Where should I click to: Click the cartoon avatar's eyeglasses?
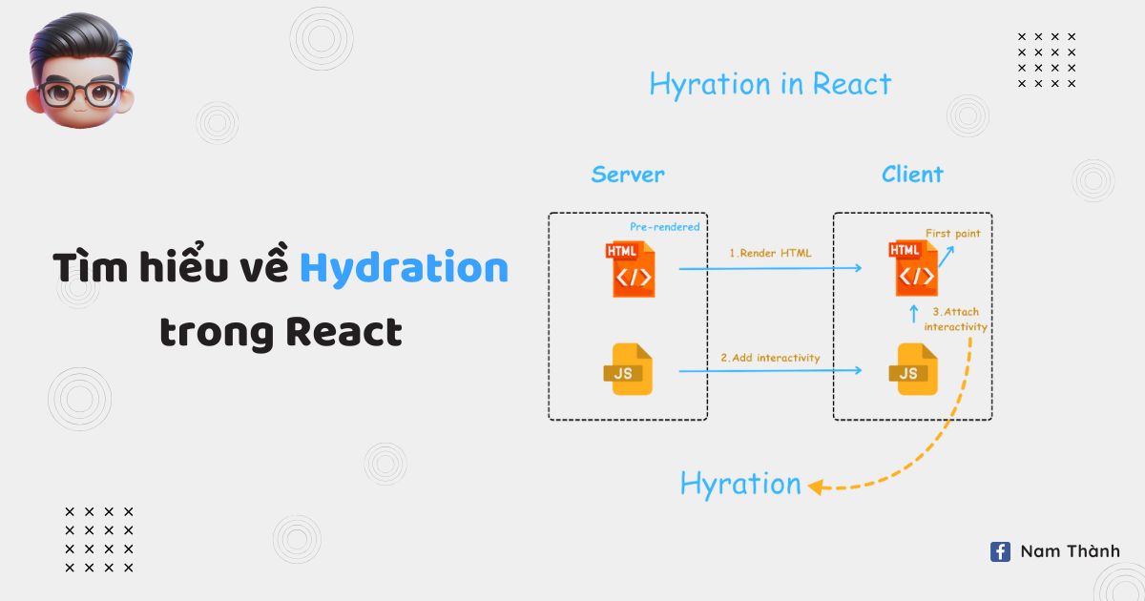coord(79,93)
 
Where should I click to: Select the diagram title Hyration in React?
coord(770,84)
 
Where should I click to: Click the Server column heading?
coord(628,175)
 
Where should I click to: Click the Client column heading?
coord(912,175)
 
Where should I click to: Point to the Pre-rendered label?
coord(664,227)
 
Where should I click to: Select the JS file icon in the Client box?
coord(914,369)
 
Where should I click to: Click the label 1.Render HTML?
coord(770,254)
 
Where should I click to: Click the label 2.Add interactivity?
coord(770,358)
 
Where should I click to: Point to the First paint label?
coord(952,233)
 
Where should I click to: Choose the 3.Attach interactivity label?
coord(955,320)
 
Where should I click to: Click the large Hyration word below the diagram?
coord(740,484)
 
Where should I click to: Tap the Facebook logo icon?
coord(1000,551)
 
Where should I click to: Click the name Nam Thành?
coord(1070,551)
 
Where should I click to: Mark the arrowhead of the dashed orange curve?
coord(814,487)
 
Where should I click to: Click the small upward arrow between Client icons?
coord(913,314)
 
